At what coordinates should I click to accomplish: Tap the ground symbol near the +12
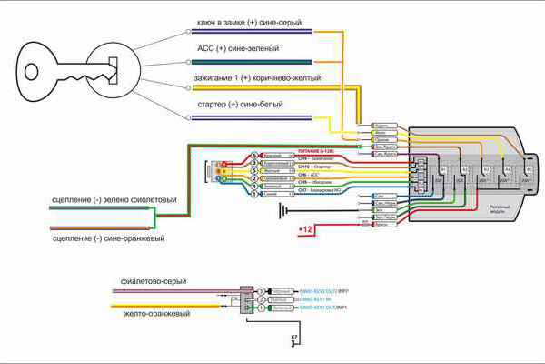pos(282,210)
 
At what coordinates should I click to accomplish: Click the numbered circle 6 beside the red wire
pos(255,156)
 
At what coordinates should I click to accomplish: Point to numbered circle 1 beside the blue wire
pos(255,193)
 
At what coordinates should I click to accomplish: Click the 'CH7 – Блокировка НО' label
pos(320,194)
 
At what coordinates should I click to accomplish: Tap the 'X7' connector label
pos(294,338)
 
